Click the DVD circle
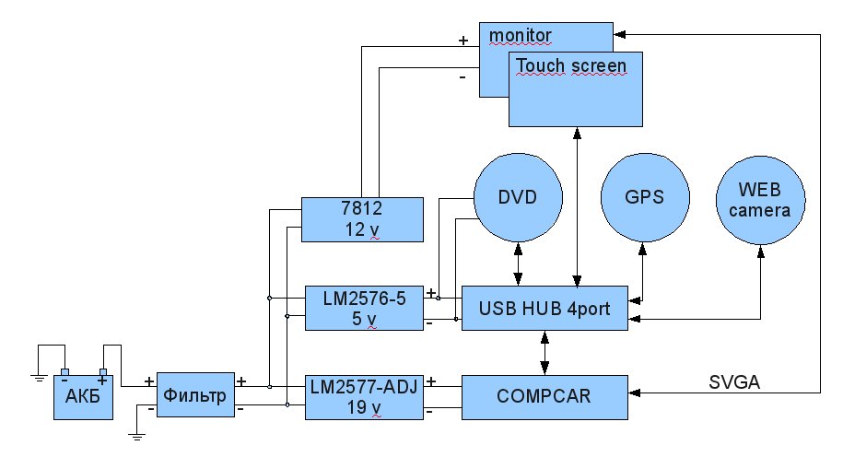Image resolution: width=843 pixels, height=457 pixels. pos(518,197)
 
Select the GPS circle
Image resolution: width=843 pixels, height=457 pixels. pos(645,197)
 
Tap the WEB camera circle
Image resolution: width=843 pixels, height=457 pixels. pos(760,200)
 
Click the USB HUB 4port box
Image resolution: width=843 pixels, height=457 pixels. pos(544,308)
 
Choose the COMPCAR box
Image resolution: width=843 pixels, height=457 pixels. pos(544,397)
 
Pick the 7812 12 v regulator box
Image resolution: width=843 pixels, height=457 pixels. pos(362,219)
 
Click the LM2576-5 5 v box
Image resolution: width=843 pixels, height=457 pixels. pos(364,308)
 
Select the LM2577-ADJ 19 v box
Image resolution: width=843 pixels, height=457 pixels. pos(364,397)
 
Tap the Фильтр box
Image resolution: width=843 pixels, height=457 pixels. pos(195,394)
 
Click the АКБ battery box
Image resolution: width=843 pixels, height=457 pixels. pos(83,397)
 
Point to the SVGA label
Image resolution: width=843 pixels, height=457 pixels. pos(734,382)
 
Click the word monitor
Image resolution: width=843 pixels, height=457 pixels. pos(520,36)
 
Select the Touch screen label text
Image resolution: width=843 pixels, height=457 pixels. pos(571,65)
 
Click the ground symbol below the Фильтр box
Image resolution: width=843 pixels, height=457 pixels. pos(137,437)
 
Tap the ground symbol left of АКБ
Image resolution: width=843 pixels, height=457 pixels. pos(39,378)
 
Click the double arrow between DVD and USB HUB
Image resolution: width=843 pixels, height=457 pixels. pos(518,264)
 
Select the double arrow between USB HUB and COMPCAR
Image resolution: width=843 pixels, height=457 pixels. pos(544,353)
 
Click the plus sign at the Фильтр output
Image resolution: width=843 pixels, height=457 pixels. pos(241,381)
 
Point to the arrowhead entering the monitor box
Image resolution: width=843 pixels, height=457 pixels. pos(619,34)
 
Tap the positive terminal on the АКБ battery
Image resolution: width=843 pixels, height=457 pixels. pos(102,372)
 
